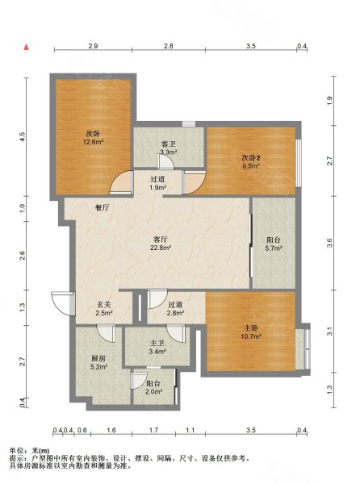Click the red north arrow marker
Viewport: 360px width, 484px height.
pos(27,47)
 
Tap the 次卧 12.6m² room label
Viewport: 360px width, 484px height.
pos(93,138)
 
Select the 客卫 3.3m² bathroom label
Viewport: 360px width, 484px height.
pos(168,148)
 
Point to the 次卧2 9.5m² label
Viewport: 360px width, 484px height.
pos(250,162)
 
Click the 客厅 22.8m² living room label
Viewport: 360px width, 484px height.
pos(161,244)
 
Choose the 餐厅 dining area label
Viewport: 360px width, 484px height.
pos(102,208)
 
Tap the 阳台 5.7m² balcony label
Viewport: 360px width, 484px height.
pos(274,244)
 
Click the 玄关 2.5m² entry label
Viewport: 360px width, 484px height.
pos(104,308)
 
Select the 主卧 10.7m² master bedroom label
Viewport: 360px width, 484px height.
pos(251,332)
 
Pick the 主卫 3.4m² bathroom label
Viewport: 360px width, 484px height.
pos(157,347)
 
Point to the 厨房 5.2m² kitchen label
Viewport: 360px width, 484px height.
pos(98,362)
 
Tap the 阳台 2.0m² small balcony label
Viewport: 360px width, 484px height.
pos(153,388)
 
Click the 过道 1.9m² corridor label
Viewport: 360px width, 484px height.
pos(158,183)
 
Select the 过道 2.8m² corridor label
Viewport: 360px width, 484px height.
pos(176,309)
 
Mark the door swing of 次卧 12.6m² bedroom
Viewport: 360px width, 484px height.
pos(121,183)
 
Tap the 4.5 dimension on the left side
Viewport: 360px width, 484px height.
pos(23,136)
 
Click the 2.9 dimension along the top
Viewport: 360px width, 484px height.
pos(93,46)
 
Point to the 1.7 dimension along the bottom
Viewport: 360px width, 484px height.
pos(153,430)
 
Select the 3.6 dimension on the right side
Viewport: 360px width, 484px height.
pos(330,243)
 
